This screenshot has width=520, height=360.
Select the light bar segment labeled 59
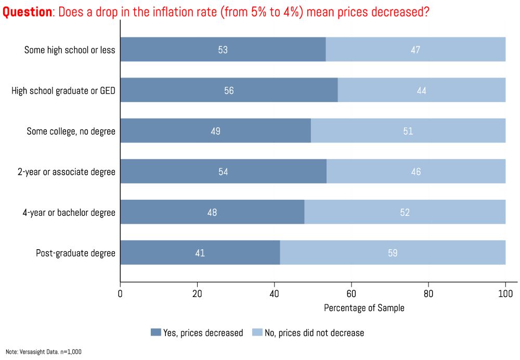(x=393, y=253)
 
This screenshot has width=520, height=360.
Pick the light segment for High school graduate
(x=422, y=90)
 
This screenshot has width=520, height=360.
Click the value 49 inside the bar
(x=215, y=131)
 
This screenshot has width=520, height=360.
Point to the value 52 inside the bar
(x=405, y=212)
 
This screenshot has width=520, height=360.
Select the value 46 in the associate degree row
(x=415, y=172)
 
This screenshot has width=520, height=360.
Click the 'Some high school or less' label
(x=70, y=50)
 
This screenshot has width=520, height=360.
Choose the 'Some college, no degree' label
(x=71, y=131)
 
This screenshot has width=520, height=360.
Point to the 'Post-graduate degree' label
(x=75, y=253)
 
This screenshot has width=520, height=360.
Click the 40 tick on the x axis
(x=274, y=293)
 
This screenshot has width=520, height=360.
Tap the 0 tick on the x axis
(x=120, y=293)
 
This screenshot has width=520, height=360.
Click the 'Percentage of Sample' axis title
(x=364, y=307)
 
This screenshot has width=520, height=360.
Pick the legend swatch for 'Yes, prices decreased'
(x=155, y=332)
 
